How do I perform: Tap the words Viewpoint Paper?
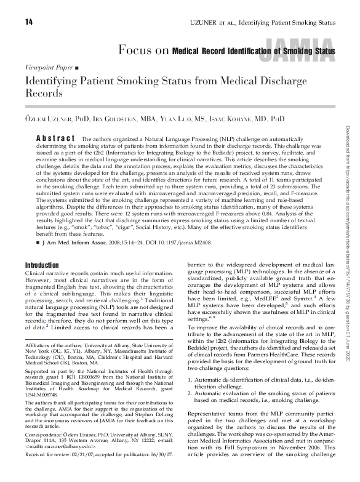[x=48, y=65]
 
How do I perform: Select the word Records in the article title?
[x=44, y=94]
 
